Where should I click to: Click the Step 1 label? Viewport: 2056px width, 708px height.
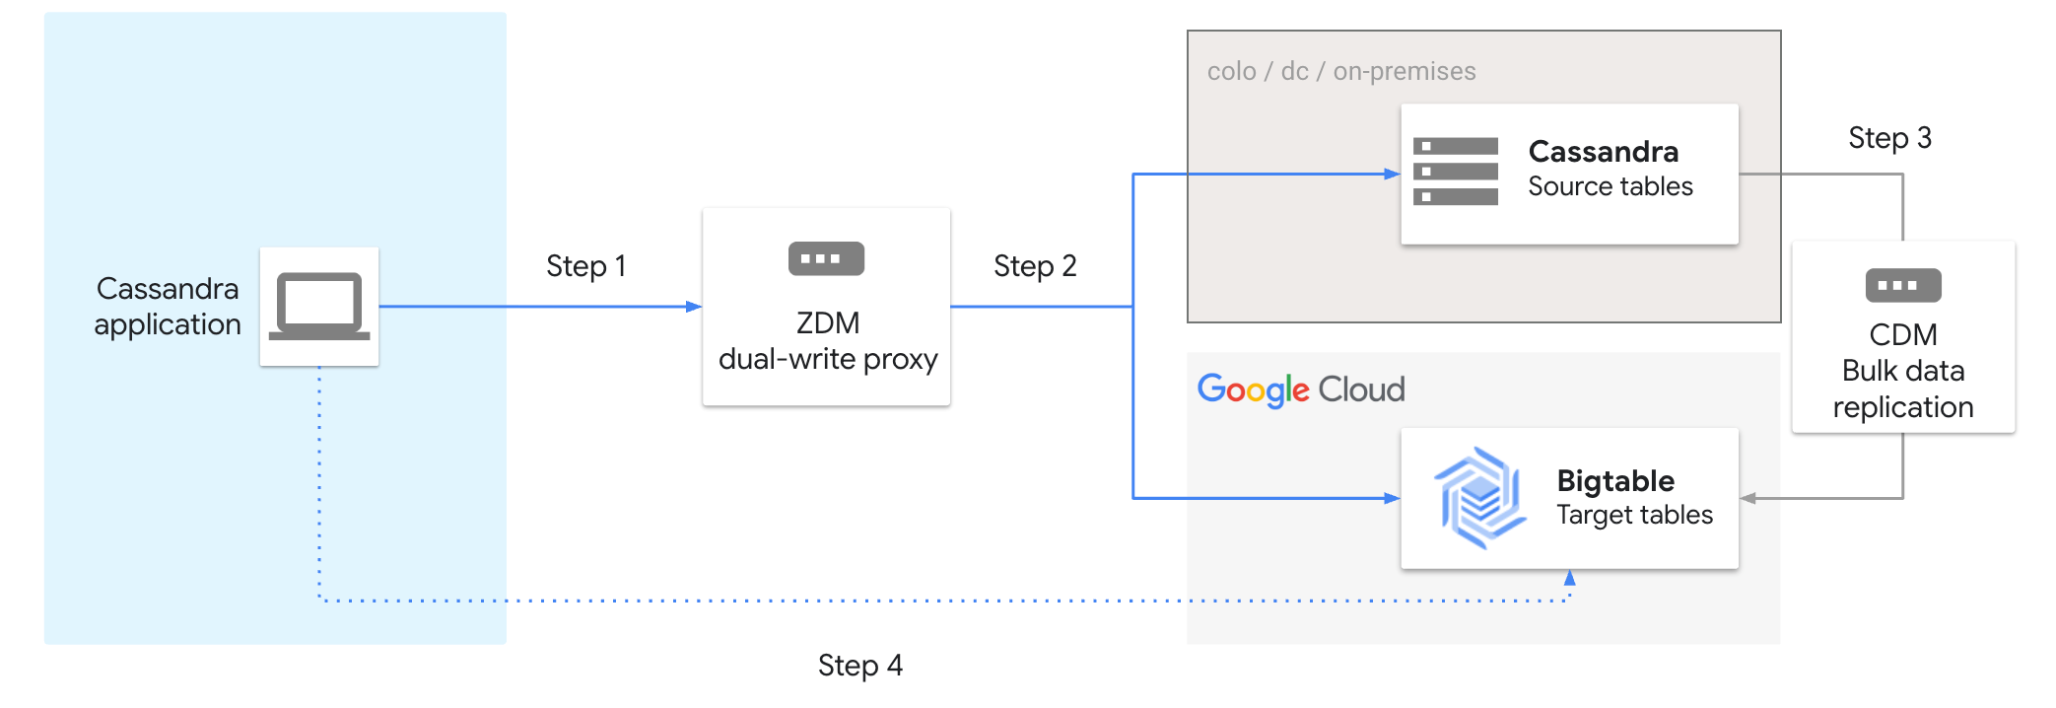pos(585,266)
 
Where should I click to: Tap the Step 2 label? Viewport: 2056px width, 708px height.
pos(1034,266)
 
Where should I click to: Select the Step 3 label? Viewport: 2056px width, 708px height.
pos(1888,138)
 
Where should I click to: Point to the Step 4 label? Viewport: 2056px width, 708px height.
pos(859,666)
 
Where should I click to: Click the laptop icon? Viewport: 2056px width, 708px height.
pos(319,306)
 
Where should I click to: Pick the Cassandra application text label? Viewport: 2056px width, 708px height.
pos(168,306)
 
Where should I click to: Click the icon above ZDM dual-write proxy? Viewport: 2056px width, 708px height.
pos(826,259)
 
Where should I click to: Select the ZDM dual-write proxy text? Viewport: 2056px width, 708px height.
pos(828,341)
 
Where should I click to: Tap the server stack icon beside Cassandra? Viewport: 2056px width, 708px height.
pos(1455,172)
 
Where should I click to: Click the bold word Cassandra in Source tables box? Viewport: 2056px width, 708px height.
pos(1603,152)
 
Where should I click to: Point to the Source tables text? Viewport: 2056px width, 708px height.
pos(1610,186)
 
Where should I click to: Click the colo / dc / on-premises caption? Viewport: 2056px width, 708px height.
pos(1340,72)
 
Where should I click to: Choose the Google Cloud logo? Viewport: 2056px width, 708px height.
pos(1300,389)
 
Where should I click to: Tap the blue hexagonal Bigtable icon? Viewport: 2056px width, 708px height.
pos(1479,498)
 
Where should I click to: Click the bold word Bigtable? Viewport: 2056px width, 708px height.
pos(1614,481)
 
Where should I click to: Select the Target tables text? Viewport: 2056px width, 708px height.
pos(1634,515)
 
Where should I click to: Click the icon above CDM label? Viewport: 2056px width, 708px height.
pos(1902,286)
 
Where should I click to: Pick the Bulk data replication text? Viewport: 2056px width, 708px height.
pos(1902,389)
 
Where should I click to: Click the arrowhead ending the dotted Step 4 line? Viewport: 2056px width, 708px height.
pos(1569,578)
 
